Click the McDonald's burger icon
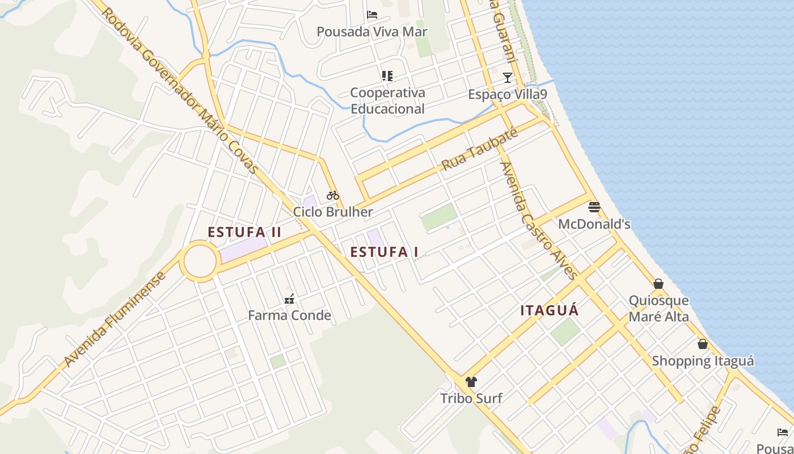click(594, 207)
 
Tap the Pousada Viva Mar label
click(372, 32)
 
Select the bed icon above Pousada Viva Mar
click(372, 14)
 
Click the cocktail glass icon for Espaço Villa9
click(508, 77)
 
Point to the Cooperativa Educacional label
click(387, 100)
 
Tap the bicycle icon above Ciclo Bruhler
click(333, 195)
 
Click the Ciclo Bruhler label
click(333, 212)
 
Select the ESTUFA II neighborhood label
click(244, 232)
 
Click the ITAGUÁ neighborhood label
click(550, 310)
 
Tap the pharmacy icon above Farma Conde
click(289, 299)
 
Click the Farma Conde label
click(289, 316)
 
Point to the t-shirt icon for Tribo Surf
click(471, 381)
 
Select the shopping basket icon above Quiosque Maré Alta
click(658, 283)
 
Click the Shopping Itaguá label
click(703, 361)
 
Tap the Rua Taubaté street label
click(480, 149)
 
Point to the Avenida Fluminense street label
click(116, 319)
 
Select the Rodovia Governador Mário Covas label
click(180, 91)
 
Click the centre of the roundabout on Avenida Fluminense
click(200, 261)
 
